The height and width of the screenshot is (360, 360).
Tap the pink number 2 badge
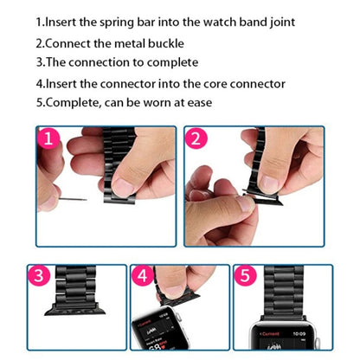(196, 139)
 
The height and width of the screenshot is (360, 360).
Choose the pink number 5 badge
(245, 277)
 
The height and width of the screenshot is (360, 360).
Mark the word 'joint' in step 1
(277, 21)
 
